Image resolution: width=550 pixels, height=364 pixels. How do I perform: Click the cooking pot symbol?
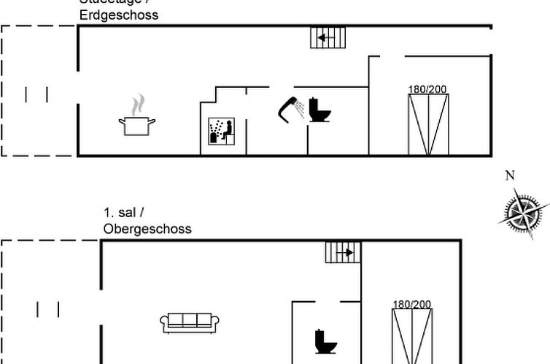point(136,125)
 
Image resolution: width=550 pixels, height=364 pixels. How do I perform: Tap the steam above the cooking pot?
point(137,104)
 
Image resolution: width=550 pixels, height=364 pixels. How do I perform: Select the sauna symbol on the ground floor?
point(220,132)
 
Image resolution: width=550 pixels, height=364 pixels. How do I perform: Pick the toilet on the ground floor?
point(319,110)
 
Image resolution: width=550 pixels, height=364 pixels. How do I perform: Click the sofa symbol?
point(187,322)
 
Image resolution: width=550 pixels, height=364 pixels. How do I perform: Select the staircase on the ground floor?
point(328,37)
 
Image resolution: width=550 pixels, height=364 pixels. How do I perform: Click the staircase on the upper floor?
point(343,252)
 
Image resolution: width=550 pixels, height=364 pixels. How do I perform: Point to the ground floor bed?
point(428,124)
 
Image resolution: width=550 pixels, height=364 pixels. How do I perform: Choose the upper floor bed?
point(412,336)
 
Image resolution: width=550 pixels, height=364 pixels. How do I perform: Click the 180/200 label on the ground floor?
point(427,89)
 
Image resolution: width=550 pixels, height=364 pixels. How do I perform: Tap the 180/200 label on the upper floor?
point(412,304)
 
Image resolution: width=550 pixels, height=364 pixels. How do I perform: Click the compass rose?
point(524,213)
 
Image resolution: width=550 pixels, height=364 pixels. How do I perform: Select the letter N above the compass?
point(510,175)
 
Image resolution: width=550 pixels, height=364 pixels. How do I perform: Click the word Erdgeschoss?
point(119,15)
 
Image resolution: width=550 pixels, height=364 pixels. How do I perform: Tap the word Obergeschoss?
point(147,229)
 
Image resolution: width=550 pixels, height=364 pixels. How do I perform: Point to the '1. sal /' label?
point(124,213)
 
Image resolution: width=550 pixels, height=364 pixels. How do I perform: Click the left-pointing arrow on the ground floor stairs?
point(325,37)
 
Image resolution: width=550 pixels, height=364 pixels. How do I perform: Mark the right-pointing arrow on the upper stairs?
point(346,252)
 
